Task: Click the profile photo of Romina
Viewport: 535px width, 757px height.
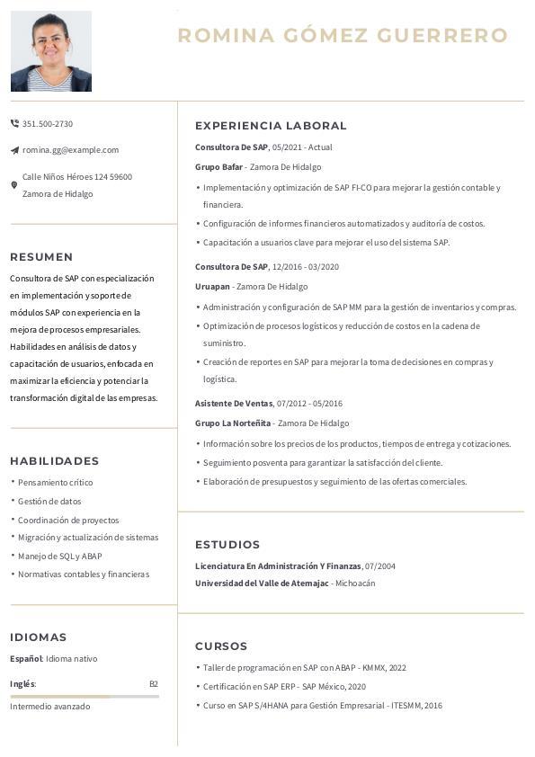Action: (x=51, y=51)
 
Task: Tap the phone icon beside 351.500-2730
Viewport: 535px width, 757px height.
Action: (x=14, y=123)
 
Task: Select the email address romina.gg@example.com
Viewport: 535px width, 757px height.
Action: (x=70, y=150)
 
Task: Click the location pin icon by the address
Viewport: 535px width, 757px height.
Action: (x=14, y=185)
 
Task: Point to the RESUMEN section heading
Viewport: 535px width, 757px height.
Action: (x=41, y=257)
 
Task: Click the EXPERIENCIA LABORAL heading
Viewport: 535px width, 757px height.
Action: (x=271, y=126)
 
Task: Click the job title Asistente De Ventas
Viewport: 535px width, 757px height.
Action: (x=234, y=404)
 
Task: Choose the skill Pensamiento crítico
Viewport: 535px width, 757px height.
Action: (x=55, y=483)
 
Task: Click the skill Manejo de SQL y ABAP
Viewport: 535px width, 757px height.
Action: (x=59, y=557)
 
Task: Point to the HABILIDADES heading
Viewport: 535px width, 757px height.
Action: (x=54, y=461)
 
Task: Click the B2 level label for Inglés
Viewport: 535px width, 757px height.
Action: (x=154, y=684)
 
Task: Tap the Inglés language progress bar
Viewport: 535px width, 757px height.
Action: (x=85, y=697)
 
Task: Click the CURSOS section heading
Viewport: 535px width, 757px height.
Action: (x=221, y=646)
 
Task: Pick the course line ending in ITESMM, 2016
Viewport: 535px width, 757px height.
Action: (x=322, y=706)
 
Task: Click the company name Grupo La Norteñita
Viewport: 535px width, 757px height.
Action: (x=233, y=423)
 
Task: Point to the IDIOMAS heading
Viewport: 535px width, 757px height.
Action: (x=39, y=637)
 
